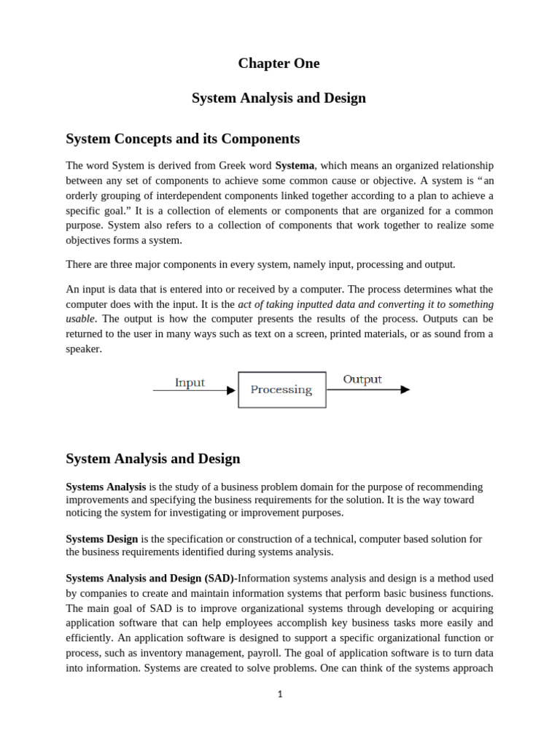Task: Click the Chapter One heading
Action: tap(279, 63)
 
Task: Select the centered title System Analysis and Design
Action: tap(279, 98)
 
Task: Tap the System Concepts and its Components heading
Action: tap(182, 139)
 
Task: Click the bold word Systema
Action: tap(295, 166)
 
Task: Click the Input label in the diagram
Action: tap(190, 383)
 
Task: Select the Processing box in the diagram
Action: tap(281, 390)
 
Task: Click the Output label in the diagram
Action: tap(362, 379)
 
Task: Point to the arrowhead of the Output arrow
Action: tap(405, 390)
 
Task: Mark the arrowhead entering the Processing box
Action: tap(232, 390)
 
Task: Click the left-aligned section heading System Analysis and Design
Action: tap(152, 459)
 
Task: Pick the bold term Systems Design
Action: tap(101, 539)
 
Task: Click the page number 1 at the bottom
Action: tap(279, 694)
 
